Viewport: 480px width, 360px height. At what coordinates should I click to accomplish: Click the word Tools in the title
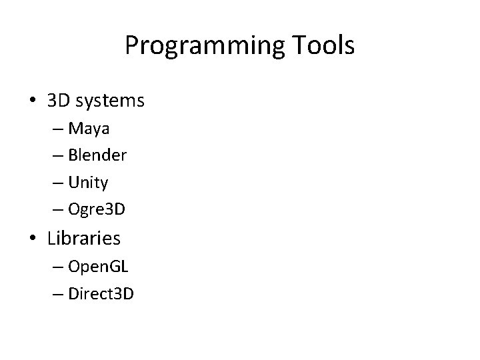point(321,45)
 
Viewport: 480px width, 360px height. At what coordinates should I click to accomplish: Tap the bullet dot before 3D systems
point(32,101)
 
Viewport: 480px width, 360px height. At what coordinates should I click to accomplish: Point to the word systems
point(111,101)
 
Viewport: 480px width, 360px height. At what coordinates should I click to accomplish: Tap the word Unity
point(93,182)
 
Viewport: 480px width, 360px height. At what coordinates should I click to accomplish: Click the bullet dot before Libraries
point(32,237)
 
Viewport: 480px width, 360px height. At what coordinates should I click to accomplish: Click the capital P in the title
point(132,45)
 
